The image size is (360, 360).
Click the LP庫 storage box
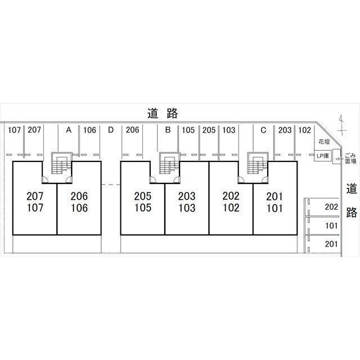click(323, 156)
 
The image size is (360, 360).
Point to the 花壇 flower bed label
click(324, 142)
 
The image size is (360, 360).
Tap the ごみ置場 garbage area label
click(350, 159)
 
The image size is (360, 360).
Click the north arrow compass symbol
click(343, 125)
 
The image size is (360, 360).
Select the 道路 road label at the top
click(163, 113)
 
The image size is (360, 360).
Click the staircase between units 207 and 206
click(61, 164)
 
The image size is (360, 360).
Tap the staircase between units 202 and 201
click(258, 164)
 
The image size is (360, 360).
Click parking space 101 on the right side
click(322, 226)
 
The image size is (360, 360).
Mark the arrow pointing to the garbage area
click(339, 159)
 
